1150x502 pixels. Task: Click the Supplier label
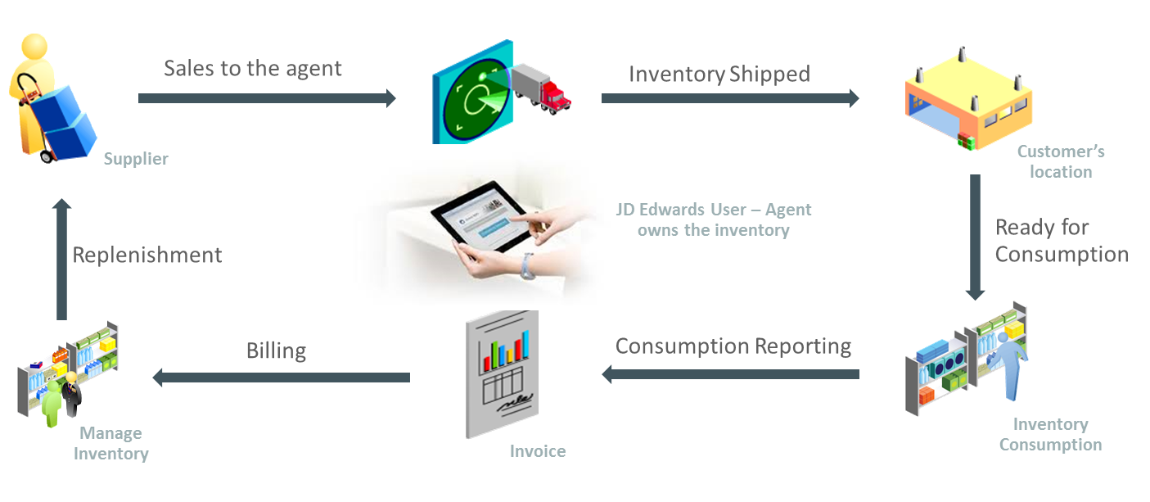[x=136, y=159]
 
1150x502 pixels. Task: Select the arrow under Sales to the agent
[x=266, y=98]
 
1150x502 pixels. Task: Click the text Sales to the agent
[x=252, y=68]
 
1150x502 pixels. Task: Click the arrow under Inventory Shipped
[x=729, y=98]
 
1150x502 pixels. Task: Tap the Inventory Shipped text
[x=719, y=74]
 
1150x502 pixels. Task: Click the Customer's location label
[x=1061, y=161]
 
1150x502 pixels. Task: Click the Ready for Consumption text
[x=1061, y=240]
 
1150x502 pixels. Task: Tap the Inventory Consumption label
[x=1050, y=434]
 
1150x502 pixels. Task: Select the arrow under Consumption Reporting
[x=730, y=374]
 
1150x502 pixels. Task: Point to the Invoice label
[x=537, y=451]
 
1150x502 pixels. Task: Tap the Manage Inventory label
[x=110, y=443]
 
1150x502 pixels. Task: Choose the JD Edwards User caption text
[x=713, y=219]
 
